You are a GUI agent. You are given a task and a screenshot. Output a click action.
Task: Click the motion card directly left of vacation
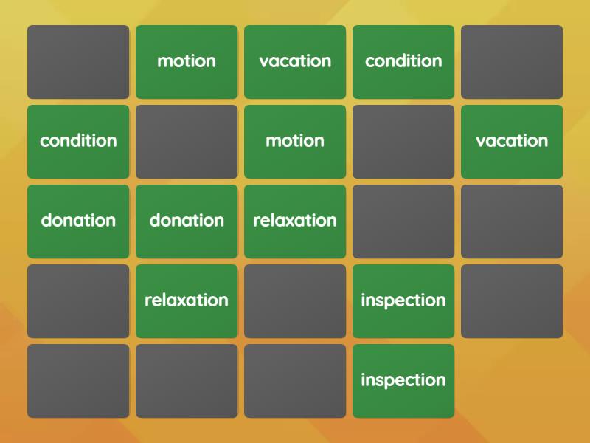[x=187, y=62]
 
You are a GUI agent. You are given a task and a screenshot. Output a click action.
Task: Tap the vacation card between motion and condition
[x=295, y=62]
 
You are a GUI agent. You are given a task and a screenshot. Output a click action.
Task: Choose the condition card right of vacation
[x=403, y=62]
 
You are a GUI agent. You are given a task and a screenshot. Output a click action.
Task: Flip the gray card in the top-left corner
[x=78, y=62]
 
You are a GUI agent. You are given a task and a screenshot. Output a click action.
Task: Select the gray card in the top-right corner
[x=512, y=62]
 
